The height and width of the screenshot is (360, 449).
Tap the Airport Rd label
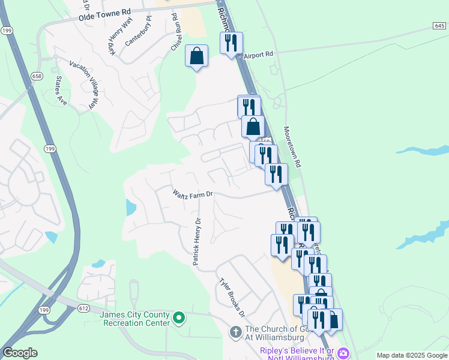259,55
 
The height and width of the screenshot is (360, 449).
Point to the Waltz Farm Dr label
193,194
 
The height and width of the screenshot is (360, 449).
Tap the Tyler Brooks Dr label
232,297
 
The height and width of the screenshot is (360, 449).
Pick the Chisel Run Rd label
177,33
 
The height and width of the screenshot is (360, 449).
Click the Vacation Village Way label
83,84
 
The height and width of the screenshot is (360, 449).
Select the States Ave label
60,89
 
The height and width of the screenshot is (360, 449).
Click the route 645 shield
439,26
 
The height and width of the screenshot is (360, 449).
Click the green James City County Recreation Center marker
178,317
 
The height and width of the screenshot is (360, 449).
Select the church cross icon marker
236,331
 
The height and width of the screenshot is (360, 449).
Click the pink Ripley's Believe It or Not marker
343,352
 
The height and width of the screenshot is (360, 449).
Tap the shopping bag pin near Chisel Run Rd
196,56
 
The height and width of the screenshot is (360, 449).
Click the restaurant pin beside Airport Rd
231,43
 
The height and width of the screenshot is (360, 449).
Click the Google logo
20,353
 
